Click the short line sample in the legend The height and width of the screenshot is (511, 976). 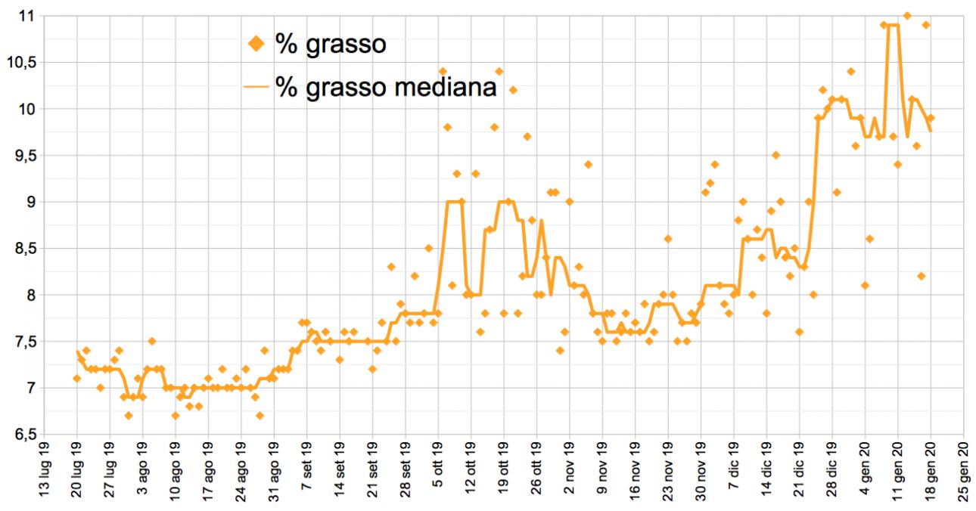click(257, 87)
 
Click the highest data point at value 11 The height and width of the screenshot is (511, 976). click(907, 16)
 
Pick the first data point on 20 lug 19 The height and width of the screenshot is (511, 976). click(76, 378)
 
